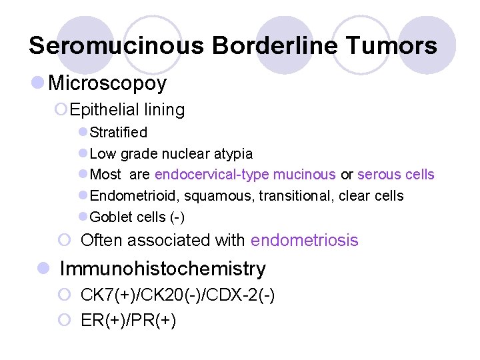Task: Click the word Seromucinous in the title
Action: tap(117, 45)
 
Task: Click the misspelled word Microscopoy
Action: tap(107, 83)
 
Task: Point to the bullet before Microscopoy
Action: tap(39, 83)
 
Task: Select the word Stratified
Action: tap(118, 132)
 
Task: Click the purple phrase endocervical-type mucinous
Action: tap(245, 175)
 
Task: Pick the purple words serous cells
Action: tap(396, 175)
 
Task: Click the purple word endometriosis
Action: tap(305, 240)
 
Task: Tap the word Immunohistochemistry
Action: tap(162, 269)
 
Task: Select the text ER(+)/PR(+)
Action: tap(128, 321)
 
